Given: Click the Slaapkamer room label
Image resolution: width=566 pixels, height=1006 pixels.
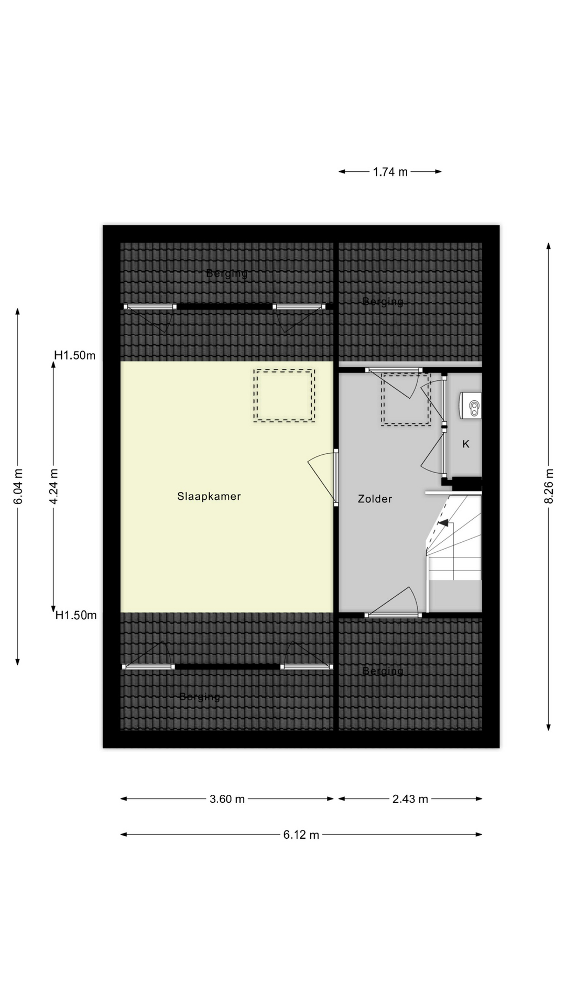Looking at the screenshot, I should tap(209, 496).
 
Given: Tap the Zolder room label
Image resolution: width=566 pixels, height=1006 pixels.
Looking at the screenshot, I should tap(375, 499).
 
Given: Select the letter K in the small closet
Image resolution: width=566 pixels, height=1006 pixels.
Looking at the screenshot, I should tap(465, 444).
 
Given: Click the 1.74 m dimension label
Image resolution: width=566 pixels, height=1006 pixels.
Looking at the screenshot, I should tap(390, 171).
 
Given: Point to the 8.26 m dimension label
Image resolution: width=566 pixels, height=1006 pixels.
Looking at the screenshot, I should tap(549, 486).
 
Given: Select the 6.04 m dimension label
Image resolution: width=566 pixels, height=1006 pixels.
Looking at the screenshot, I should tap(18, 486).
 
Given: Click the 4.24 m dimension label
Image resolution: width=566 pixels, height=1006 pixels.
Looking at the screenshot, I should tap(53, 486).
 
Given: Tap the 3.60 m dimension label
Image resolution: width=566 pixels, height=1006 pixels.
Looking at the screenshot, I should tap(227, 799).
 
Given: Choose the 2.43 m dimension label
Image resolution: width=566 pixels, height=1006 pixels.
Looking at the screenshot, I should tap(410, 799).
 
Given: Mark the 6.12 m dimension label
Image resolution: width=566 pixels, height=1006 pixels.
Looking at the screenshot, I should tap(301, 835).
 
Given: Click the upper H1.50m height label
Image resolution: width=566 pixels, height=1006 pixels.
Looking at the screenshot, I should tap(75, 356).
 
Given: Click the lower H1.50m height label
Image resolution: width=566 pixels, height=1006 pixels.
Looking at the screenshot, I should tap(76, 615).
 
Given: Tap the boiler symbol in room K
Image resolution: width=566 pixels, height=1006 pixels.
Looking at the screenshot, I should tap(471, 406).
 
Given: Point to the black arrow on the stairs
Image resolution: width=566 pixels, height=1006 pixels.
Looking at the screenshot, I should tap(443, 522).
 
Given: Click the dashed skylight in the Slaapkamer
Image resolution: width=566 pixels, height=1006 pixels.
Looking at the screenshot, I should tap(284, 395).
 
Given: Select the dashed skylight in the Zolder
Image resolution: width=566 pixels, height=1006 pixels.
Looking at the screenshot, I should tap(405, 400).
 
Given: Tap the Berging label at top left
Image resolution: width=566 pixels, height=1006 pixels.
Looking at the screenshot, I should tap(226, 273).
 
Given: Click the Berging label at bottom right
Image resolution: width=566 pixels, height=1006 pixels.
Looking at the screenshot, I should tap(383, 671).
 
